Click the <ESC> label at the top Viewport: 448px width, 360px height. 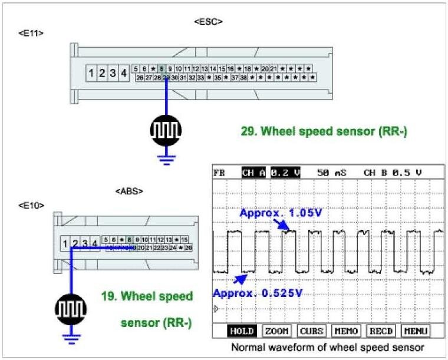207,22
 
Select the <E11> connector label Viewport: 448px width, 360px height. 31,33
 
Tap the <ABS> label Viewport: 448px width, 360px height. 129,191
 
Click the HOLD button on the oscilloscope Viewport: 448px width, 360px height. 241,331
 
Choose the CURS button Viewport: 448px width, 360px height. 311,331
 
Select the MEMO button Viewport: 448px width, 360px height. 346,331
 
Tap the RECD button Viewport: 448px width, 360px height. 381,331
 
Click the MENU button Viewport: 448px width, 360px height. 416,331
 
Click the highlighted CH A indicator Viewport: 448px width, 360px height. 254,173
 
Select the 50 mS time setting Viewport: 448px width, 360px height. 332,173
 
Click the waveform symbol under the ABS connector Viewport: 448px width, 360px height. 71,308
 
